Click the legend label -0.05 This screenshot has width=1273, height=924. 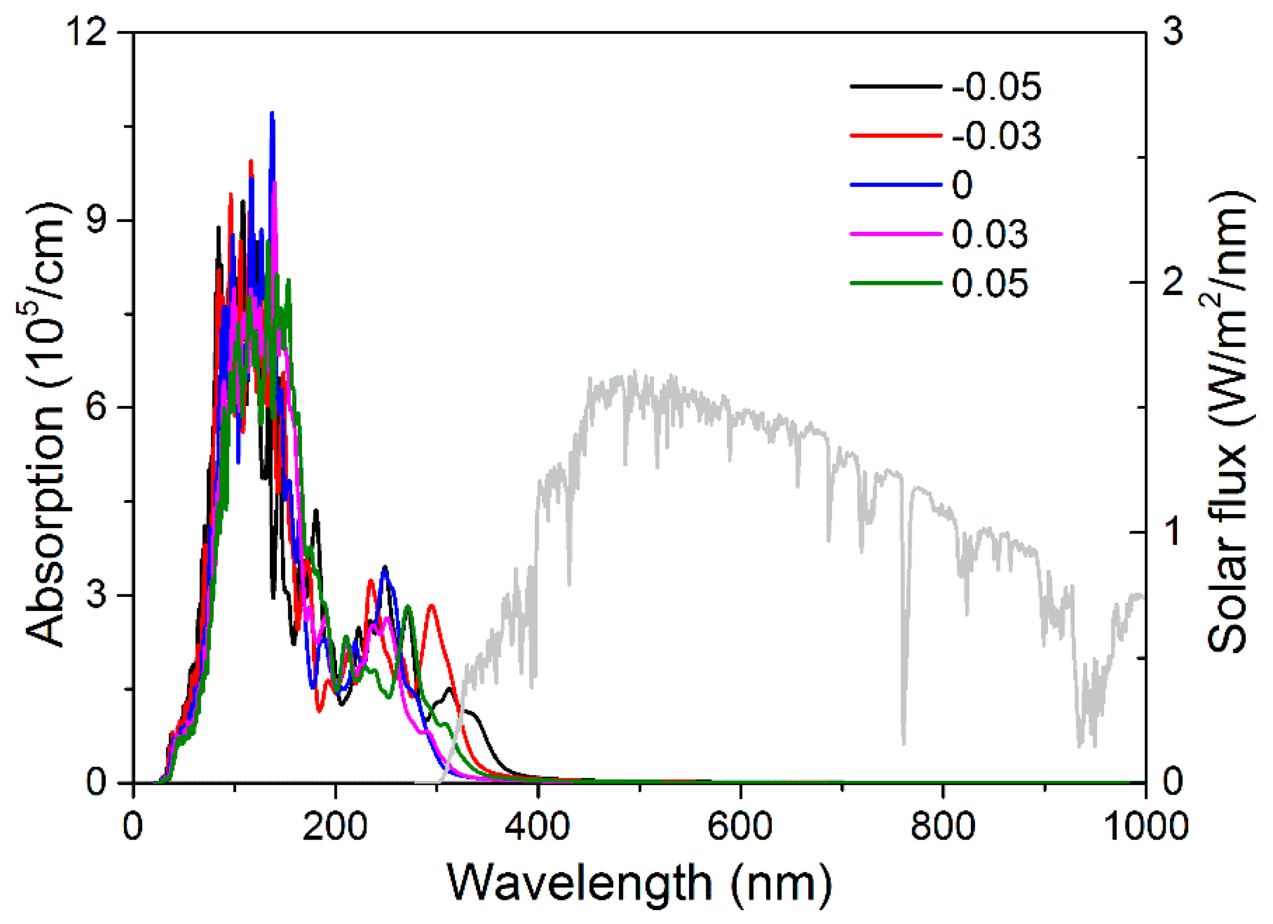click(x=996, y=87)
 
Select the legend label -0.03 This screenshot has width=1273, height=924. click(x=996, y=136)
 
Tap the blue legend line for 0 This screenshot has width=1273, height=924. click(x=896, y=185)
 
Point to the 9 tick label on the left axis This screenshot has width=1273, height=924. click(x=97, y=220)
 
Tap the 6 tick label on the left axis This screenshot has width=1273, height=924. click(x=97, y=407)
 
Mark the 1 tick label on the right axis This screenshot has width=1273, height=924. click(x=1173, y=532)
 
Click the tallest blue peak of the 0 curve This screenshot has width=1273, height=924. click(x=272, y=114)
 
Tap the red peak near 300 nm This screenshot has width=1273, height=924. click(x=431, y=606)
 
